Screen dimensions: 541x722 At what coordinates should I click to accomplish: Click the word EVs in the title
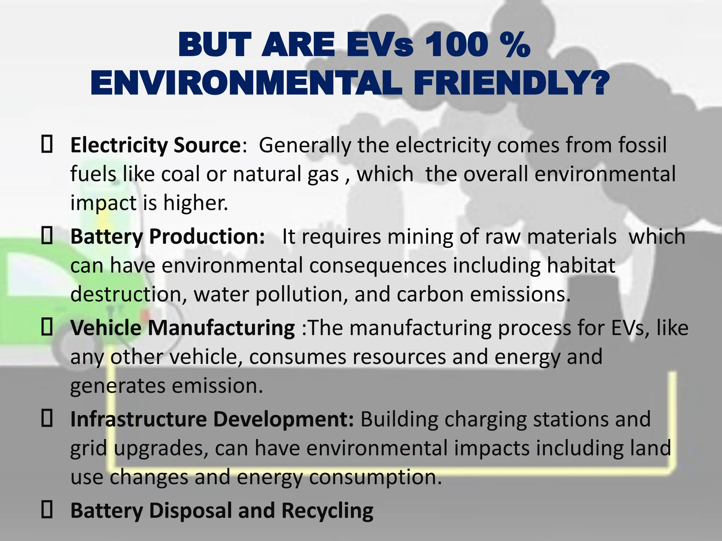pos(380,45)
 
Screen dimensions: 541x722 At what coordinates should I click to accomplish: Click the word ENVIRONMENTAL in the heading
pos(246,83)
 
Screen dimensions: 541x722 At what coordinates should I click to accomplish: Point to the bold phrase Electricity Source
pos(155,145)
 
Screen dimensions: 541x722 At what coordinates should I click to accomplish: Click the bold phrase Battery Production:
pos(167,236)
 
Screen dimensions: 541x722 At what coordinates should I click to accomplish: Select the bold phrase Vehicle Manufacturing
pos(182,328)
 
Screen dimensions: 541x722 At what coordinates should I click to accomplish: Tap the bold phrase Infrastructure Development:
pos(212,419)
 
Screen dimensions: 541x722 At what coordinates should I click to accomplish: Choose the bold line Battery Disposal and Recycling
pos(222,510)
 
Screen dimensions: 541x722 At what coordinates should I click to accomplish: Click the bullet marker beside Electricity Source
pos(47,145)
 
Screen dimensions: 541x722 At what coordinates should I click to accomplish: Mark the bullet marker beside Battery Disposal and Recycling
pos(47,510)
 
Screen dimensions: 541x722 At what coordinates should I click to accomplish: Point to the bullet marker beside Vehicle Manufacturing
pos(47,328)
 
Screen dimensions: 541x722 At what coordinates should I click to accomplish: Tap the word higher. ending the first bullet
pos(195,203)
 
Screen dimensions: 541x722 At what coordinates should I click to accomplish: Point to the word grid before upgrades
pos(88,448)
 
